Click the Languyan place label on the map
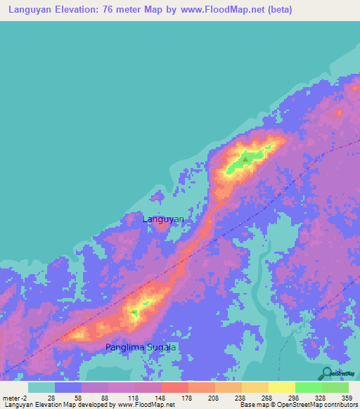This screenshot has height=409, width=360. click(163, 219)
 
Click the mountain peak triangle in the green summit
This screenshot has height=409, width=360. click(245, 159)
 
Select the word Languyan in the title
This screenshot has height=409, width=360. click(34, 10)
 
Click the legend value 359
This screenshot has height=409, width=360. click(346, 398)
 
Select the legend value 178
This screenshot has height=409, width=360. click(186, 398)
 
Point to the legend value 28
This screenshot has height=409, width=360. click(51, 398)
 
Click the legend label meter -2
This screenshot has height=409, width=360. click(15, 398)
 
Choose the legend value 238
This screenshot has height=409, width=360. click(240, 398)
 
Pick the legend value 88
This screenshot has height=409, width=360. click(105, 398)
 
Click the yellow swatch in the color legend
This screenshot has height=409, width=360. click(281, 387)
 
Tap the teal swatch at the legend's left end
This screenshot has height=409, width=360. click(41, 387)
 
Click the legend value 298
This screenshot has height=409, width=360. click(293, 398)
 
